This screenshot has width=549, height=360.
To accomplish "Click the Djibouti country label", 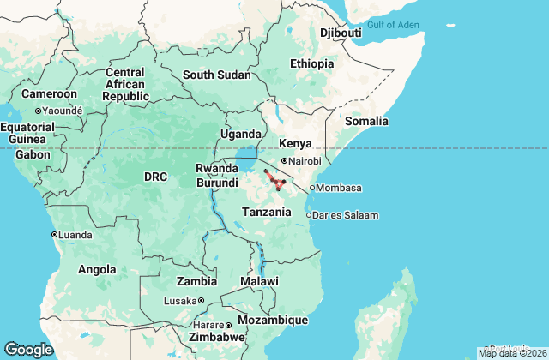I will tap(340, 33).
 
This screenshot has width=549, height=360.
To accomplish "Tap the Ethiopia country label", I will tap(311, 64).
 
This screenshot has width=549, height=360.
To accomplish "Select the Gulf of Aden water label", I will tap(393, 25).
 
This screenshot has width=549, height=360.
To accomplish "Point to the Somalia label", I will tap(366, 122).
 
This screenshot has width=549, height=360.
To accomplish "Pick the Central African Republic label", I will tap(124, 85).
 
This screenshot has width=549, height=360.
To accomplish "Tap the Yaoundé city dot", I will tap(38, 111).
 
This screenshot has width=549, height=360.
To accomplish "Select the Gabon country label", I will tap(33, 155).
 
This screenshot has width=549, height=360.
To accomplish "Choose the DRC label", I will tap(155, 177).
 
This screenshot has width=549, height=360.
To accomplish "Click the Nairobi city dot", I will tap(285, 161).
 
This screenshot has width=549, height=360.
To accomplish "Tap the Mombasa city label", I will tap(340, 188).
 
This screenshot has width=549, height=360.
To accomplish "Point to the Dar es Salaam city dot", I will tap(309, 215).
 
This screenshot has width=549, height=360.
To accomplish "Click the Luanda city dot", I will tap(54, 234).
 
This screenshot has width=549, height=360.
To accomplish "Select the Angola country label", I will tap(97, 269).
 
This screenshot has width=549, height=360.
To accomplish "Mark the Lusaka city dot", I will tap(201, 301).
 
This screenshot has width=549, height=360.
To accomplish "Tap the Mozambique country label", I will tap(272, 320).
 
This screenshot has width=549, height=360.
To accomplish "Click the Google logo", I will tap(28, 350).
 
